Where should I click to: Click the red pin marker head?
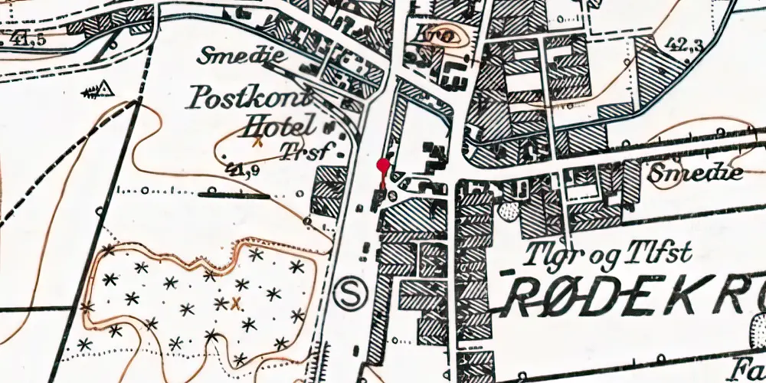[383, 164]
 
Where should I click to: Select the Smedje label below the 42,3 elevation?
[696, 173]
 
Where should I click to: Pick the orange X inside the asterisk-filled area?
[236, 303]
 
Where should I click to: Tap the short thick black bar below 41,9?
[234, 195]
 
